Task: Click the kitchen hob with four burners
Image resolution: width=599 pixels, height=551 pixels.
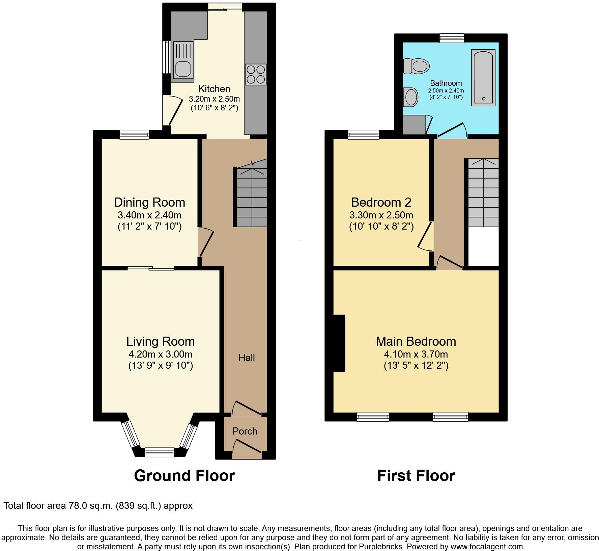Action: point(256,74)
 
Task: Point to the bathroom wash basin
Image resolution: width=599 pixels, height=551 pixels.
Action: point(410,97)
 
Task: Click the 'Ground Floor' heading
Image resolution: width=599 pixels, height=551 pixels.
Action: point(184,476)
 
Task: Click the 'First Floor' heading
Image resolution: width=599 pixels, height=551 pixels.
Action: point(416,476)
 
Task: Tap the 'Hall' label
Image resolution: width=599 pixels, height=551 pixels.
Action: point(247,358)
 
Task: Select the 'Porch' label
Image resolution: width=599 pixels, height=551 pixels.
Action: point(245,431)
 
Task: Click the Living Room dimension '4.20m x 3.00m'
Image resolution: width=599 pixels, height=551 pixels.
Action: point(160,354)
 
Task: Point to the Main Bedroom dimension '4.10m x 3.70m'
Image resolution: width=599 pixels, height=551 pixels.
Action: point(416,354)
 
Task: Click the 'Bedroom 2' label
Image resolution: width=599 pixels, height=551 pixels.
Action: point(381,202)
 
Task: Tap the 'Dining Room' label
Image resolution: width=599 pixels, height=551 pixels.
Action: point(149,202)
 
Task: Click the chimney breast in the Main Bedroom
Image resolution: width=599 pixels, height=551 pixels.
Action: point(339,343)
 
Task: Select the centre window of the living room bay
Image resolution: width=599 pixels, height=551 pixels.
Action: point(159,452)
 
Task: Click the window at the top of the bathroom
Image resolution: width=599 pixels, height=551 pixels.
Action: point(452,38)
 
